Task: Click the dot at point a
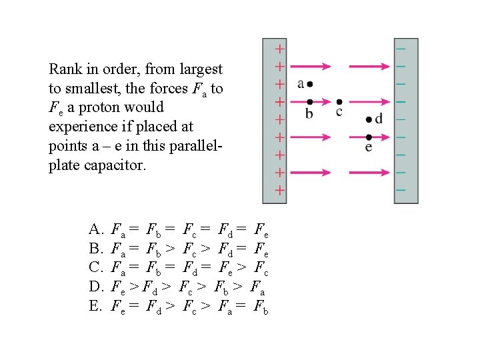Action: click(x=310, y=84)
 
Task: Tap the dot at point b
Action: click(x=309, y=101)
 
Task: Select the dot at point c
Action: click(x=339, y=101)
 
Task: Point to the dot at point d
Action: click(x=370, y=120)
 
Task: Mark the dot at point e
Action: click(x=369, y=137)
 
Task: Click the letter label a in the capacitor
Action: click(x=301, y=84)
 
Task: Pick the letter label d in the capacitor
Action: click(x=379, y=119)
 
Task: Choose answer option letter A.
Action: click(x=95, y=231)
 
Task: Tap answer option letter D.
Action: click(x=95, y=287)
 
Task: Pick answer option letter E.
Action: click(x=95, y=306)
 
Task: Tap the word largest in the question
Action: click(x=201, y=69)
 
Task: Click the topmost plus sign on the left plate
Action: click(x=281, y=49)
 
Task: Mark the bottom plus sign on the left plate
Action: click(x=281, y=190)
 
